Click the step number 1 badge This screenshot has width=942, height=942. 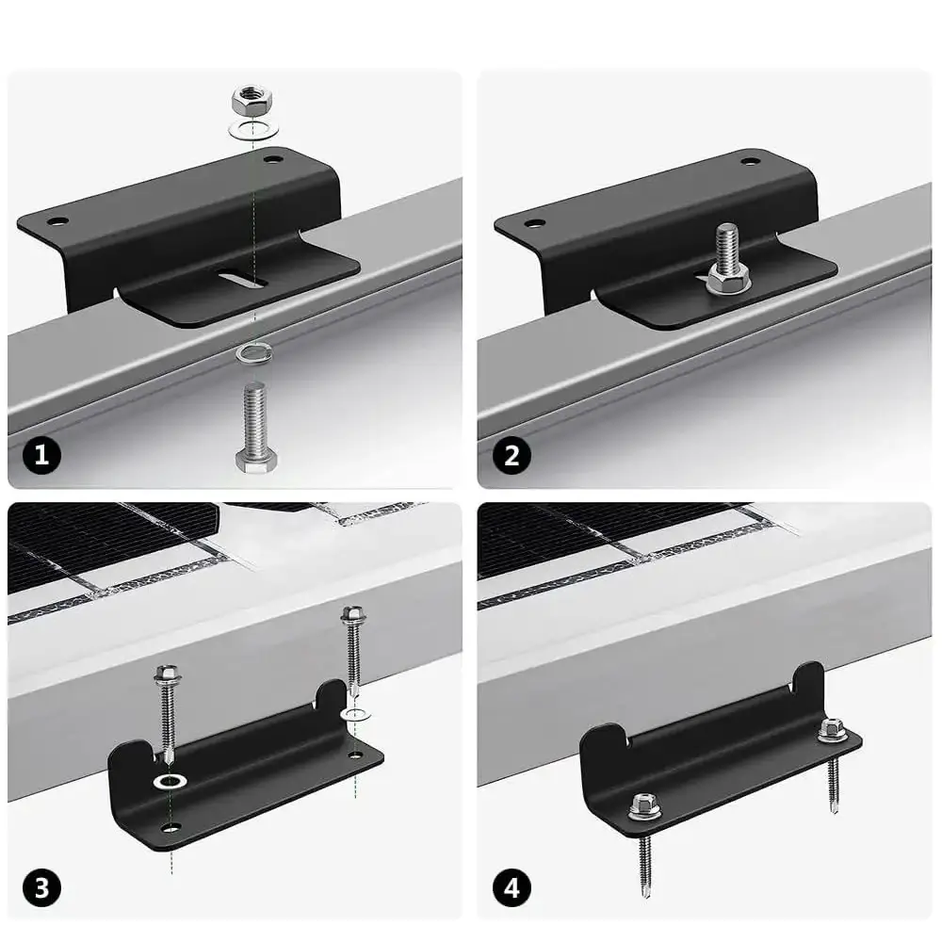41,455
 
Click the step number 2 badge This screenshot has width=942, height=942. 512,455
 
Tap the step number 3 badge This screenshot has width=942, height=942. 41,888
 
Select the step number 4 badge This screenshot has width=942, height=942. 512,888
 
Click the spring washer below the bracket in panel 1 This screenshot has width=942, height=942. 253,354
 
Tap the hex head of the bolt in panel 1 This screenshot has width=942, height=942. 256,461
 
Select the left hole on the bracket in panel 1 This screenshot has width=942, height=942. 57,221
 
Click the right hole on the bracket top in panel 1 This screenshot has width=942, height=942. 273,160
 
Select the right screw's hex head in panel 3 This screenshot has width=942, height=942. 352,614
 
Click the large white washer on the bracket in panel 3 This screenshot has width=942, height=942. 171,782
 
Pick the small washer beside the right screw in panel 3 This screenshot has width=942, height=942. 355,714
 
